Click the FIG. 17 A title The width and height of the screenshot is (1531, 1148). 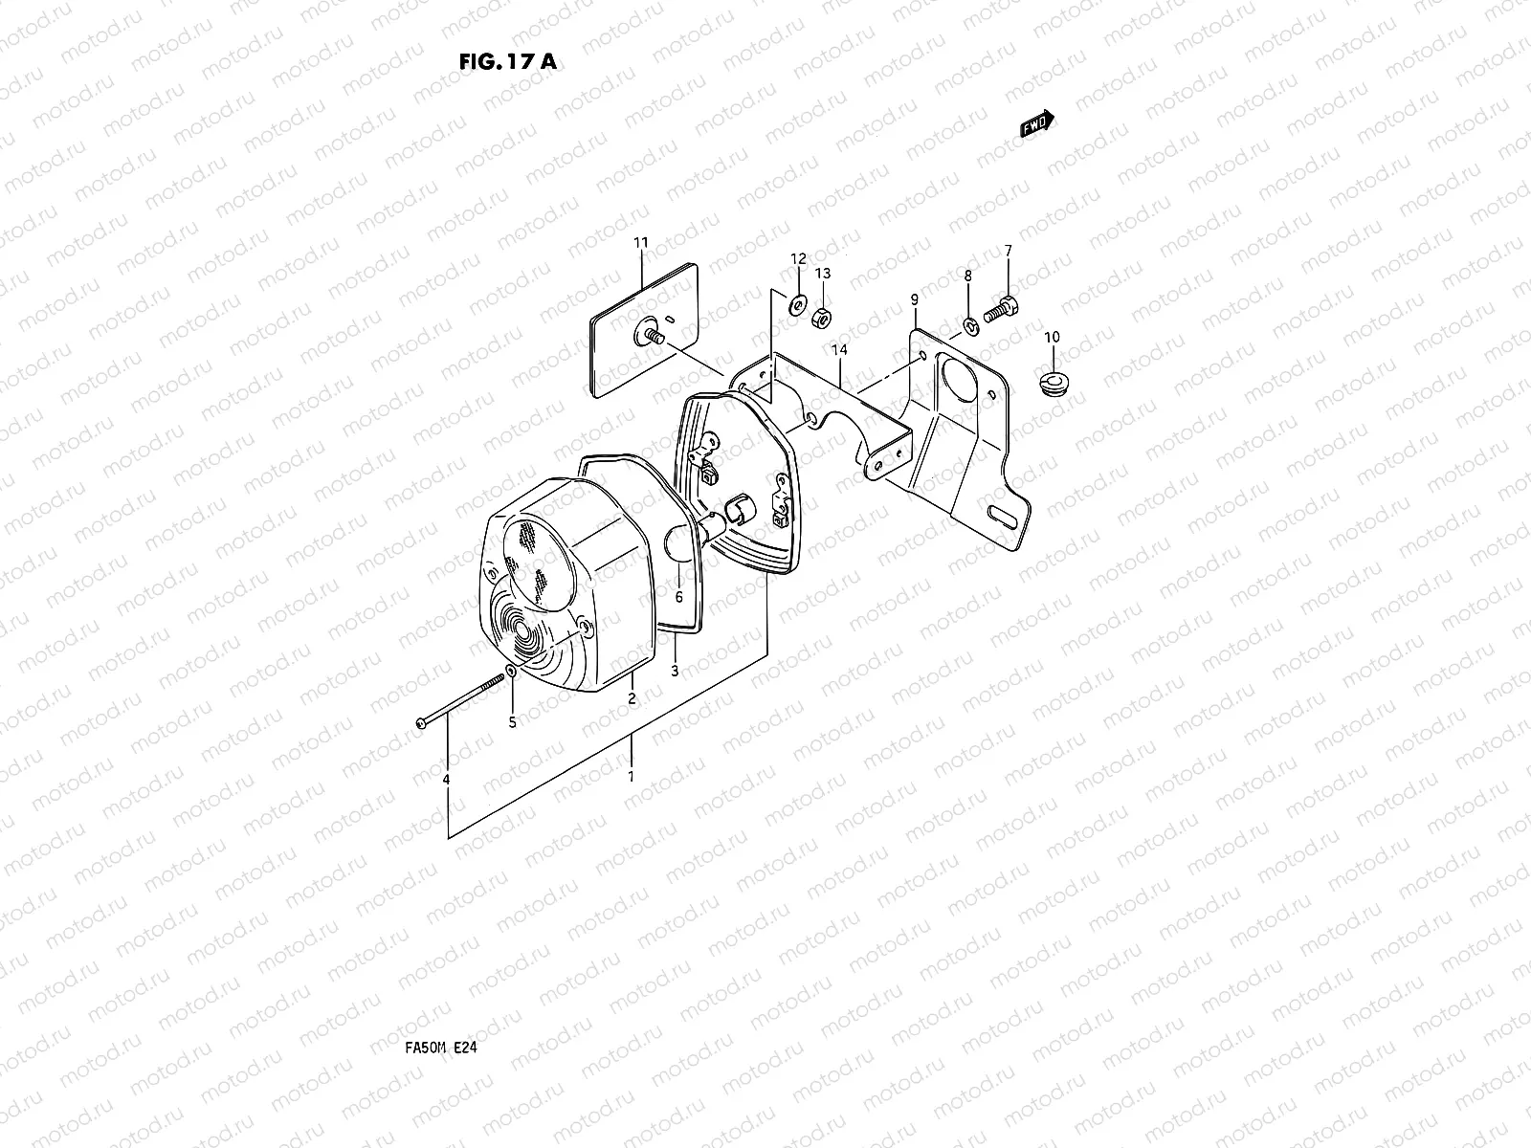tap(507, 62)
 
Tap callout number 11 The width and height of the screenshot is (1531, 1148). tap(641, 243)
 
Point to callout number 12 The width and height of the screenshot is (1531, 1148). tap(798, 259)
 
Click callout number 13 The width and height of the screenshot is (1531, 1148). tap(823, 274)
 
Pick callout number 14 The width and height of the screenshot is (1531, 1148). tap(839, 351)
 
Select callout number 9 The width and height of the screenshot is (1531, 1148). tap(914, 299)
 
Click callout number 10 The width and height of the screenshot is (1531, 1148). tap(1052, 337)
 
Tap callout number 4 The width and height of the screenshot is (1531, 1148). tap(446, 781)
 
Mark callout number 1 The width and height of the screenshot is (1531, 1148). tap(631, 777)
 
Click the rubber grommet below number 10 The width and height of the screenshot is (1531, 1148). tap(1053, 384)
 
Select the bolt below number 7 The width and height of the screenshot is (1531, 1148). tap(1002, 309)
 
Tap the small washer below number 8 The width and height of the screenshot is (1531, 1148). tap(970, 327)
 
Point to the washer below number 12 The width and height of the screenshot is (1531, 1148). tap(795, 307)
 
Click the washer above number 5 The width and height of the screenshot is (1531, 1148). tap(512, 673)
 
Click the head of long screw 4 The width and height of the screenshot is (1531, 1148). tap(422, 722)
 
